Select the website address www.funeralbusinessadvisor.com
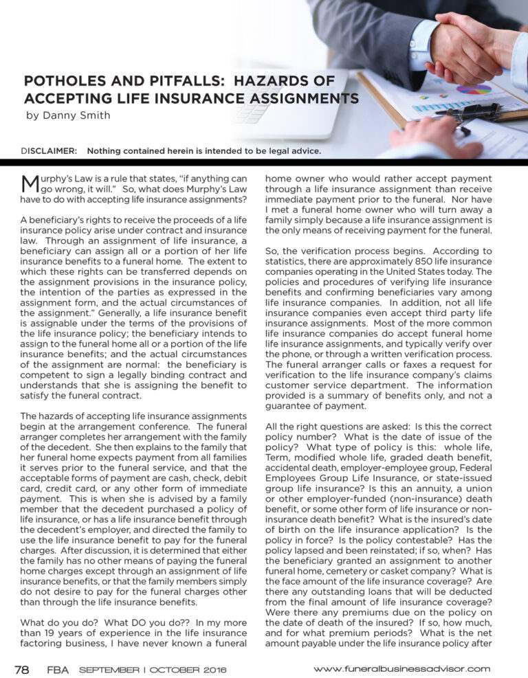pyautogui.click(x=402, y=668)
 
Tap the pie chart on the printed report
pyautogui.click(x=474, y=89)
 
